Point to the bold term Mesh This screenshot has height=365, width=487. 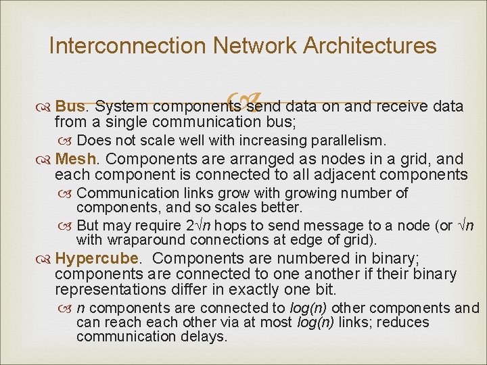[x=77, y=160]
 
